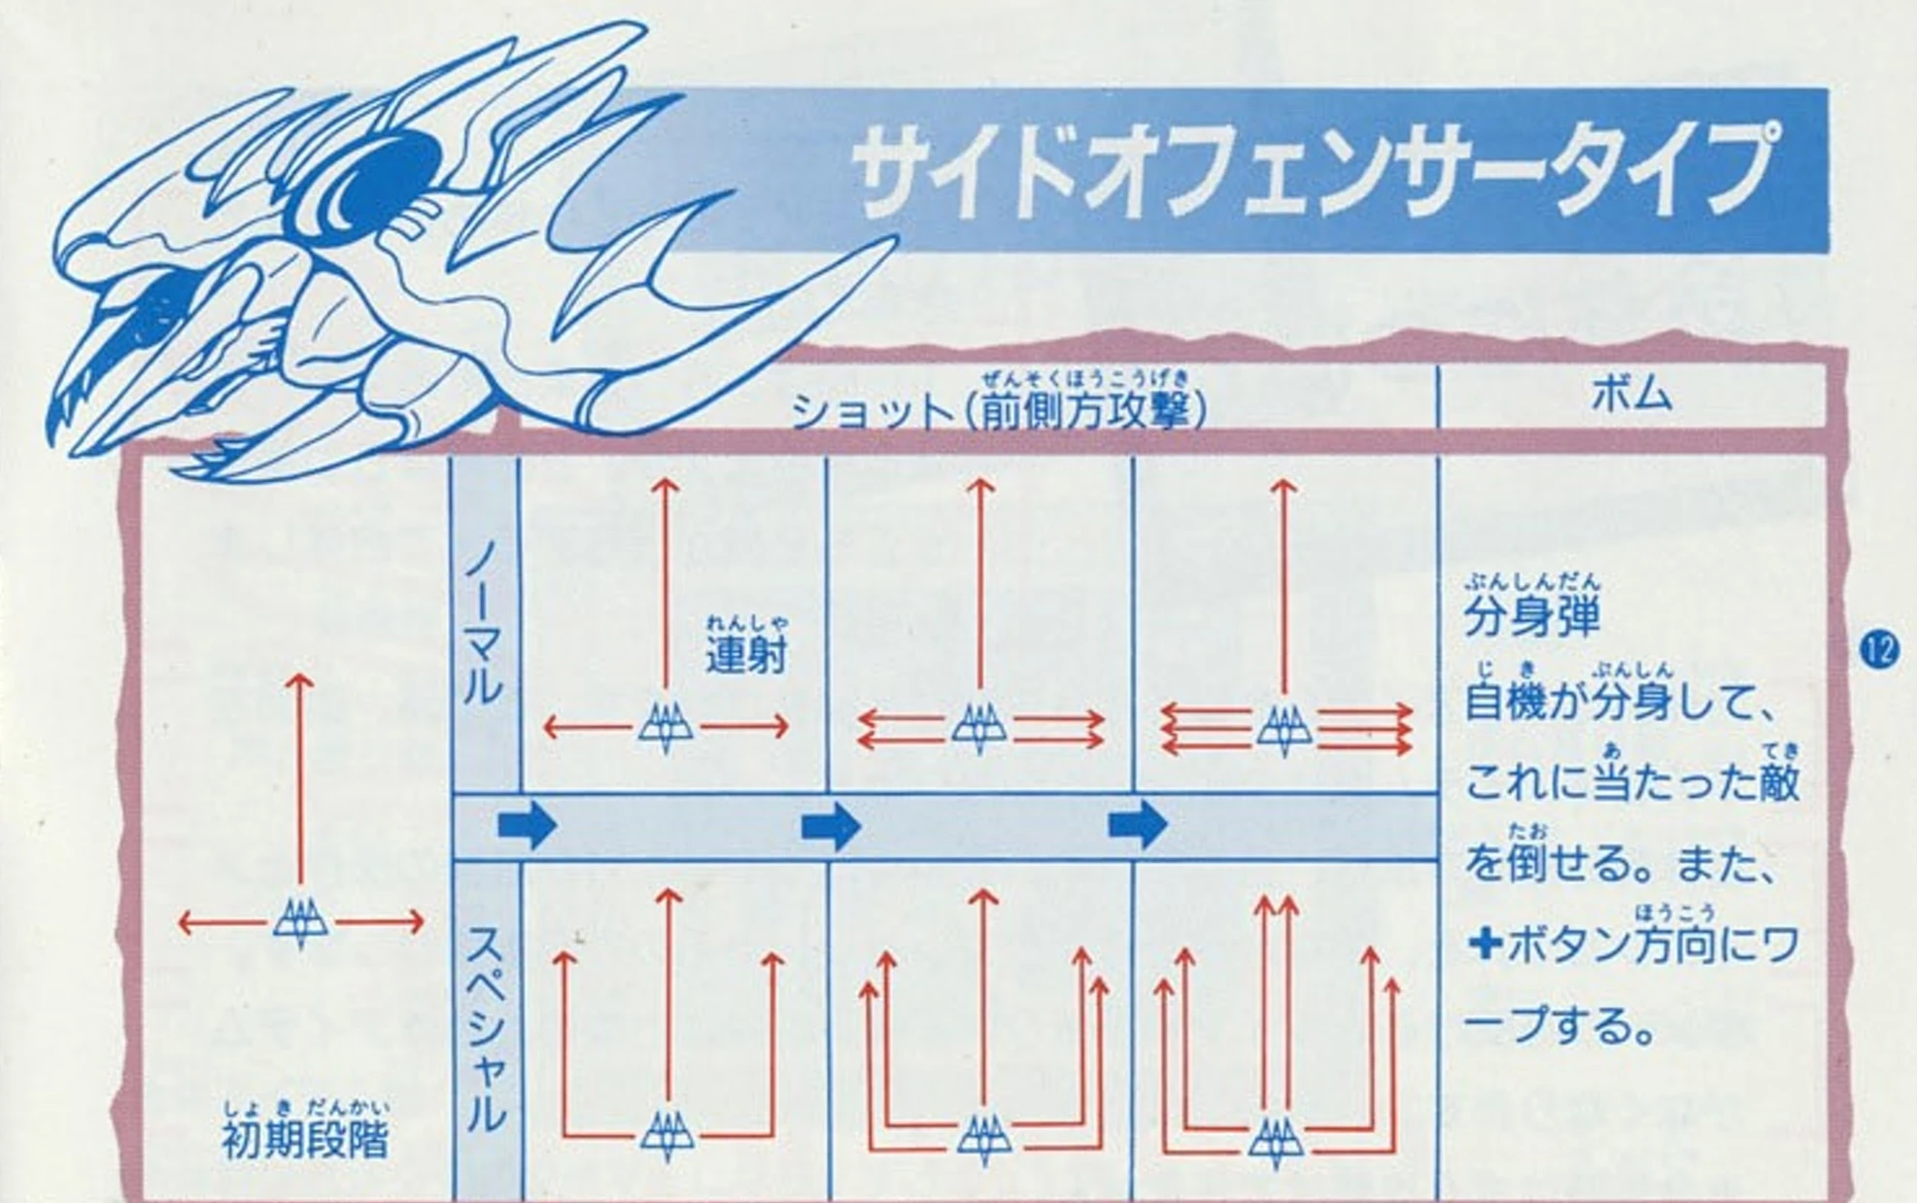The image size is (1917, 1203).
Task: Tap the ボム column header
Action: click(1631, 395)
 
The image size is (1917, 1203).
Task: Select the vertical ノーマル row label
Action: click(483, 622)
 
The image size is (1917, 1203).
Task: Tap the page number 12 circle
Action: click(1879, 649)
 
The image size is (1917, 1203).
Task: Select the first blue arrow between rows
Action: click(527, 826)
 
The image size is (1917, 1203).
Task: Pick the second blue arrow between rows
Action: click(831, 826)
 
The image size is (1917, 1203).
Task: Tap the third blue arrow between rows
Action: click(1138, 826)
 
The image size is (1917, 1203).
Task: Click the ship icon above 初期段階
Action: click(300, 922)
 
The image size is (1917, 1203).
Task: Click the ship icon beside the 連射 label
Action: click(666, 728)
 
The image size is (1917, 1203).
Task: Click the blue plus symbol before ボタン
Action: click(1485, 944)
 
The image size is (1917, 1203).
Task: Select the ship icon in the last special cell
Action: click(1276, 1139)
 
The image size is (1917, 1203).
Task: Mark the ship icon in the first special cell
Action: click(667, 1135)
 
